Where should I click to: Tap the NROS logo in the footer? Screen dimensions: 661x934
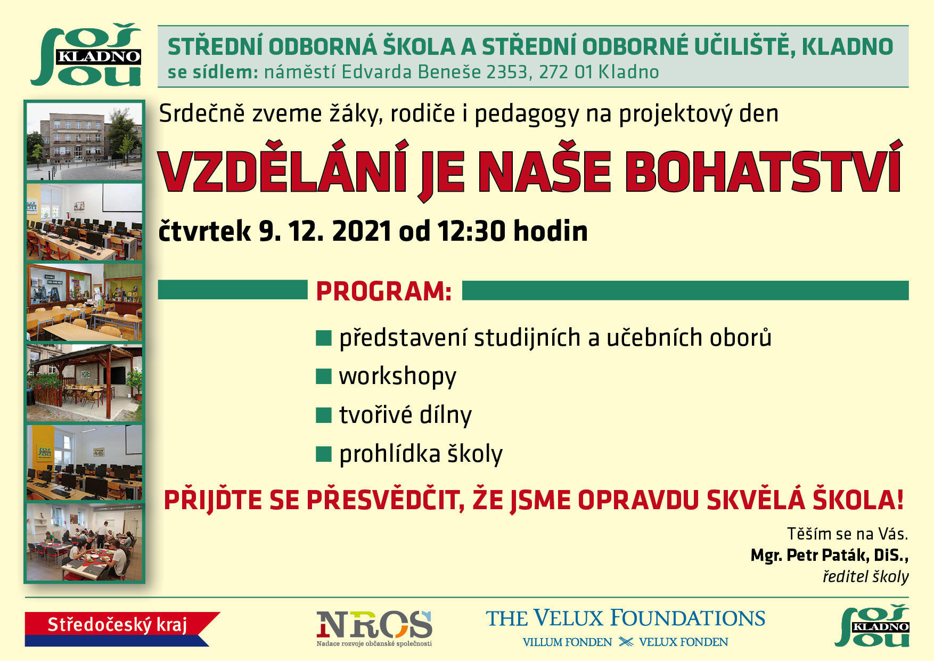[x=374, y=627]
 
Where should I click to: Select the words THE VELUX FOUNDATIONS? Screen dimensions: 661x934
[x=625, y=618]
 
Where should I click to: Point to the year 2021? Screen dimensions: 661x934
[x=362, y=231]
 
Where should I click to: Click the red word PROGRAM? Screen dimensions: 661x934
[x=384, y=291]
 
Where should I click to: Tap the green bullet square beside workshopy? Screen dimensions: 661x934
[x=324, y=376]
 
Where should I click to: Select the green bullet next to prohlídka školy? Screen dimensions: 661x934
[x=324, y=454]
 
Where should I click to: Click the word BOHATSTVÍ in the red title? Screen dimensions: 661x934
[x=763, y=172]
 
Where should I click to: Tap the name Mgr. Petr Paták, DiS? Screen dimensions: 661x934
[x=829, y=555]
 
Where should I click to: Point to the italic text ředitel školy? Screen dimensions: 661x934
[x=865, y=576]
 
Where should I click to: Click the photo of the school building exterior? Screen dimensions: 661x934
[x=85, y=141]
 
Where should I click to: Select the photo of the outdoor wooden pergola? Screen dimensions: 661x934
[x=85, y=382]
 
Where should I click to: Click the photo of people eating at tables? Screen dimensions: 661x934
[x=85, y=542]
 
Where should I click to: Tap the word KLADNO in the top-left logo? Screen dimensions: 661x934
[x=99, y=56]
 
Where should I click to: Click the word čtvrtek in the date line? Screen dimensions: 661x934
[x=205, y=231]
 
